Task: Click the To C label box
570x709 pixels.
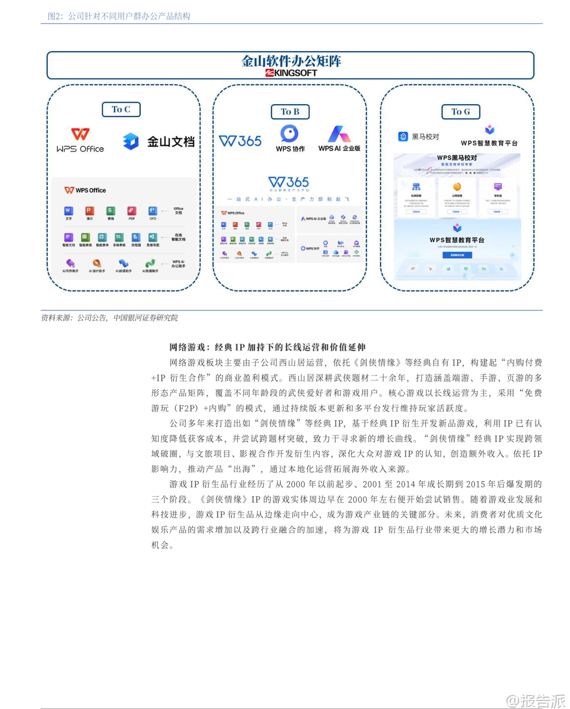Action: pos(121,110)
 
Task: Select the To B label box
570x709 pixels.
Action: pos(290,112)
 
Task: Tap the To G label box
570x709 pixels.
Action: pos(460,112)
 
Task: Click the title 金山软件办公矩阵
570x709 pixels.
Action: pos(291,61)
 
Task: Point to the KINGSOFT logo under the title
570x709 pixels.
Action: pos(291,73)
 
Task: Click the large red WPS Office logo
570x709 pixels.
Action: pos(80,134)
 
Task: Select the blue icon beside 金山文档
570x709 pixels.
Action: pos(131,141)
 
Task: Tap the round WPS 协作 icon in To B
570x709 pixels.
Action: pos(290,133)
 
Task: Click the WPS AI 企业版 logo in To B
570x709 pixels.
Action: pos(339,134)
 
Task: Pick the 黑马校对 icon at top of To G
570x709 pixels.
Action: pos(403,136)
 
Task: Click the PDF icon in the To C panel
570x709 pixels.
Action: pos(132,211)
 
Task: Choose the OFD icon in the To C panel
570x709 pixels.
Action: pos(153,211)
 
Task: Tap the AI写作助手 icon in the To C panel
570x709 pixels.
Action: pos(70,263)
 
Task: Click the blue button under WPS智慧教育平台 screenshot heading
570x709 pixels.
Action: pos(457,255)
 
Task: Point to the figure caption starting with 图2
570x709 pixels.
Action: pos(119,16)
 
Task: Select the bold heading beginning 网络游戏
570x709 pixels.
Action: pos(267,348)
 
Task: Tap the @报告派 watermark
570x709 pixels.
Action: pos(536,701)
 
